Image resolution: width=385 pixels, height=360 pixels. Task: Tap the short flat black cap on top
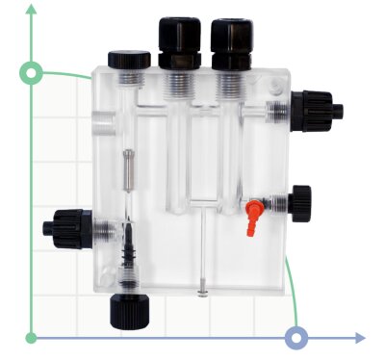point(128,60)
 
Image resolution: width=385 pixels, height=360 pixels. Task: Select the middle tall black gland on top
point(179,39)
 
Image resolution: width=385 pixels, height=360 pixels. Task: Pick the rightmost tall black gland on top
point(231,39)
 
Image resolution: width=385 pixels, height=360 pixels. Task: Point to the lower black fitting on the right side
point(299,202)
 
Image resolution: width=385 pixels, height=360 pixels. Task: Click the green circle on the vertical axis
point(32,72)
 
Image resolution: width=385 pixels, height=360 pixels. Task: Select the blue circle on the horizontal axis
point(297,338)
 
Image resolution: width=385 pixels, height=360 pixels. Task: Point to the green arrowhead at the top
point(32,10)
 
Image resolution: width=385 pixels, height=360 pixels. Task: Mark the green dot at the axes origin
point(32,338)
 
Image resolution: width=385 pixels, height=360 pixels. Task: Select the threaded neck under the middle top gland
point(179,81)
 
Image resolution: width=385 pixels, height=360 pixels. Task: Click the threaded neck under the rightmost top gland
point(231,81)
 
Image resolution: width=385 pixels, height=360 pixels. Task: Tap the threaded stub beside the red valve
point(276,204)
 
